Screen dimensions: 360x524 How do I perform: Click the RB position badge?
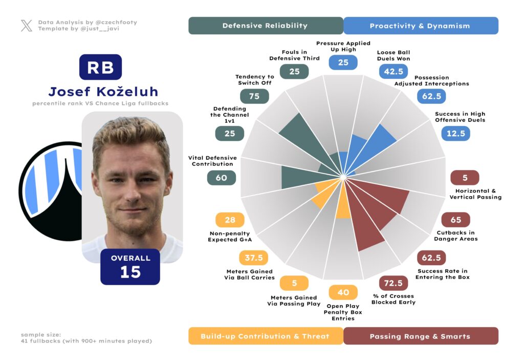point(100,67)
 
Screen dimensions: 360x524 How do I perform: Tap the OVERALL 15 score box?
point(130,266)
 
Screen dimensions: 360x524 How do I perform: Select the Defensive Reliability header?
point(265,26)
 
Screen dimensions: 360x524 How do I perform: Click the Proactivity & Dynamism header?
point(420,26)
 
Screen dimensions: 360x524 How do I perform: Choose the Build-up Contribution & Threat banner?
point(265,336)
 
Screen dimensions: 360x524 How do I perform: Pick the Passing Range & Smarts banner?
point(420,336)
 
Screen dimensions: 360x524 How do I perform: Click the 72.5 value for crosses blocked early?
point(393,283)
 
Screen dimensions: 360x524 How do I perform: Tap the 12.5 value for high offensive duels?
point(455,134)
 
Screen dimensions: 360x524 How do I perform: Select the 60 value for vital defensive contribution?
point(221,178)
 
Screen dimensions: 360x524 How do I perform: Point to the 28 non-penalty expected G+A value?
point(230,220)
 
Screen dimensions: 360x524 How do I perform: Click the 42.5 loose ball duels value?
point(393,71)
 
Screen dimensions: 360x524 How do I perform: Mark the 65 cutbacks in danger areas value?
point(455,220)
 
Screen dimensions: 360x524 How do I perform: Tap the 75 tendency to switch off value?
point(254,96)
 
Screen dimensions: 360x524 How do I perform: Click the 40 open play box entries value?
point(343,292)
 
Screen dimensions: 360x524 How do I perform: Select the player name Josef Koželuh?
point(103,92)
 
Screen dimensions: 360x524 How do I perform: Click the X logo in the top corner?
point(27,26)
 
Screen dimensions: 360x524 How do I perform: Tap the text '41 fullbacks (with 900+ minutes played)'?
point(86,341)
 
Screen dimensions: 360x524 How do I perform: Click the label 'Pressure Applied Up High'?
point(343,46)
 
